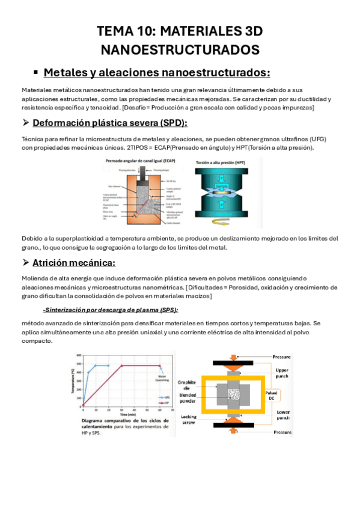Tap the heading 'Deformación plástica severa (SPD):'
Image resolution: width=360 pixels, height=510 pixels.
click(110, 123)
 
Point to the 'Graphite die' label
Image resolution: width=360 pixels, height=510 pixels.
click(188, 386)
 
